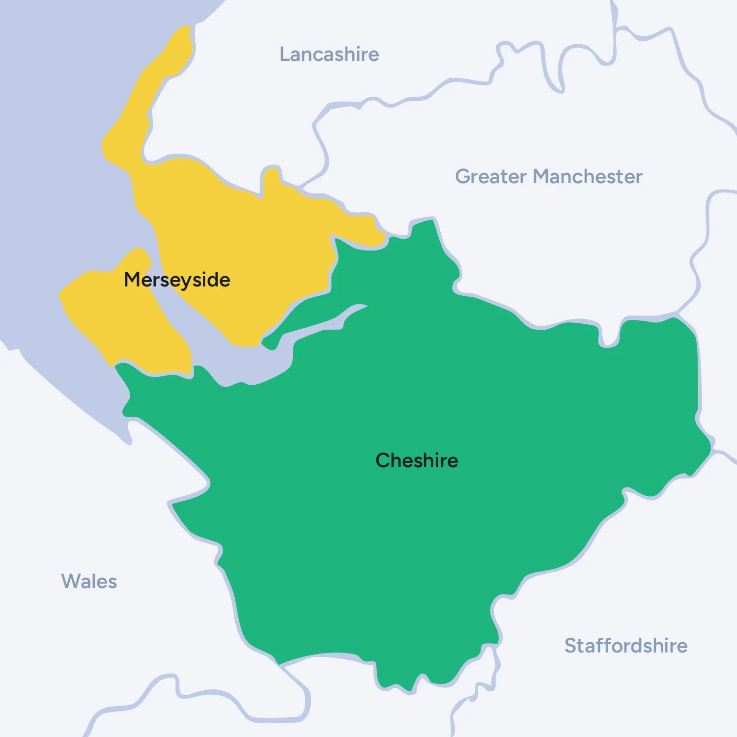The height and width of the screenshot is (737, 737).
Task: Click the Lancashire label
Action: coord(329,55)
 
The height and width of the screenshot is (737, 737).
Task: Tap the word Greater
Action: coord(491,177)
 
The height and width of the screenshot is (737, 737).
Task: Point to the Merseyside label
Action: coord(177,280)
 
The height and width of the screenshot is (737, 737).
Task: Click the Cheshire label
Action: coord(417,461)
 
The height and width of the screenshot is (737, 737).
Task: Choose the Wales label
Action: coord(89,581)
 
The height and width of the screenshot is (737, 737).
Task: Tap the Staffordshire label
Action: coord(625,646)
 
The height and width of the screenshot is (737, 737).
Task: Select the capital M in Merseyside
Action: coord(132,280)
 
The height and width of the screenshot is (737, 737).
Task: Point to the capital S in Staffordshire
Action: coord(570,646)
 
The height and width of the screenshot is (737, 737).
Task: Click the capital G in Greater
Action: coord(463,177)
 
